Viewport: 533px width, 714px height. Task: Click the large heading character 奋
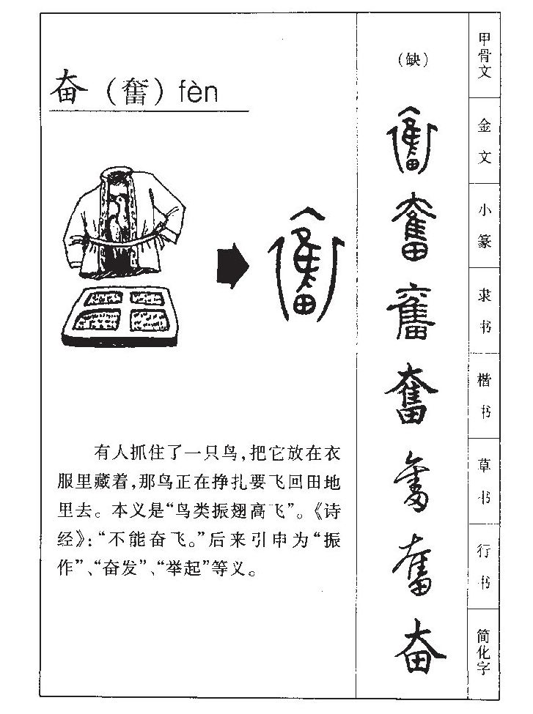pyautogui.click(x=68, y=91)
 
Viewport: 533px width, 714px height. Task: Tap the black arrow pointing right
pyautogui.click(x=232, y=266)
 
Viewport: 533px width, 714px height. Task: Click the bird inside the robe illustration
pyautogui.click(x=116, y=212)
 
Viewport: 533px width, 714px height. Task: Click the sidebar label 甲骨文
pyautogui.click(x=484, y=56)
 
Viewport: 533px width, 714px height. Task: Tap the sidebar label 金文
pyautogui.click(x=484, y=141)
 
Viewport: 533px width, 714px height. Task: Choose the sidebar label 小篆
pyautogui.click(x=484, y=226)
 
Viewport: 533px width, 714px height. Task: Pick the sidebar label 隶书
pyautogui.click(x=484, y=310)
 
